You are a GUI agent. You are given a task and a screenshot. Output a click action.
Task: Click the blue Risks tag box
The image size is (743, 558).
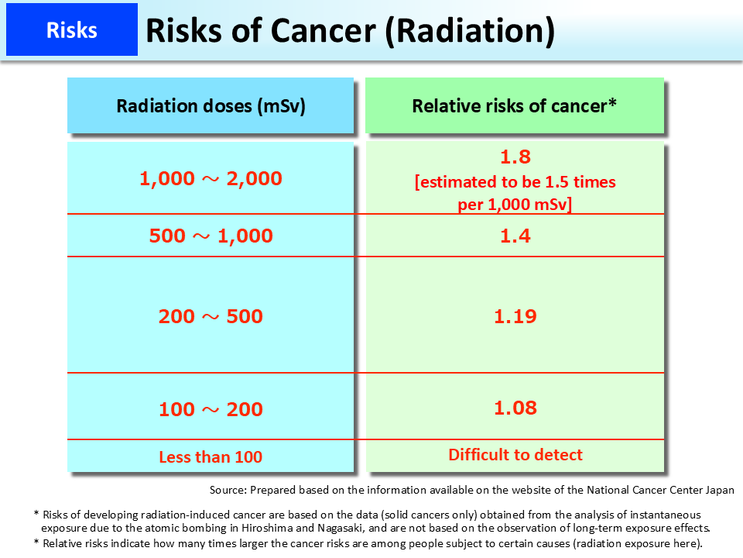[x=71, y=30]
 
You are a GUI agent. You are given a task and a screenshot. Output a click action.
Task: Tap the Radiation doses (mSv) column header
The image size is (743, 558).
[x=211, y=106]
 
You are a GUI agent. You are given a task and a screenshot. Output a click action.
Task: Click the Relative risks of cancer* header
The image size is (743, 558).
[x=514, y=106]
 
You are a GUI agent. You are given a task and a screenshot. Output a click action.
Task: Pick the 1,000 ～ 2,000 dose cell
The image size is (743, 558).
[x=211, y=178]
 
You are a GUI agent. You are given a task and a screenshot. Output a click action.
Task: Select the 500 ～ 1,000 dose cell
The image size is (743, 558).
[x=211, y=236]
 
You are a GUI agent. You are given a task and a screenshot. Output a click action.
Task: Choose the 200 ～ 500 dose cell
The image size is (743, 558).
[x=211, y=316]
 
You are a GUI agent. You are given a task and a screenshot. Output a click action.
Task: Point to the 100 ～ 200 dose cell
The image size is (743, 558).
[x=211, y=409]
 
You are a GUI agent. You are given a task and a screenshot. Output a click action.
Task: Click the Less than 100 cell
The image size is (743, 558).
[x=211, y=457]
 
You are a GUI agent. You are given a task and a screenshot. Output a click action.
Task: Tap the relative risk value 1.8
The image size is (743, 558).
[x=515, y=157]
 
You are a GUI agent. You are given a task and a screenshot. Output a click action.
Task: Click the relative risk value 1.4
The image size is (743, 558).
[x=515, y=236]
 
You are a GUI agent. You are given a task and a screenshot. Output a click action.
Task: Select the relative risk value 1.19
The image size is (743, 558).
[x=515, y=316]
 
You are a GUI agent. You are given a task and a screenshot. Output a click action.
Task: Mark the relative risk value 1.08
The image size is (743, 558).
[x=515, y=408]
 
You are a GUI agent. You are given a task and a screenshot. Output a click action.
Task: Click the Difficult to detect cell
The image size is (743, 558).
[x=515, y=455]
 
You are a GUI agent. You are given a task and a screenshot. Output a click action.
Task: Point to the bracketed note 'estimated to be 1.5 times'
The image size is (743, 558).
[x=515, y=182]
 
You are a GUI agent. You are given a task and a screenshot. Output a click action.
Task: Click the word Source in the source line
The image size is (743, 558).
[x=228, y=491]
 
